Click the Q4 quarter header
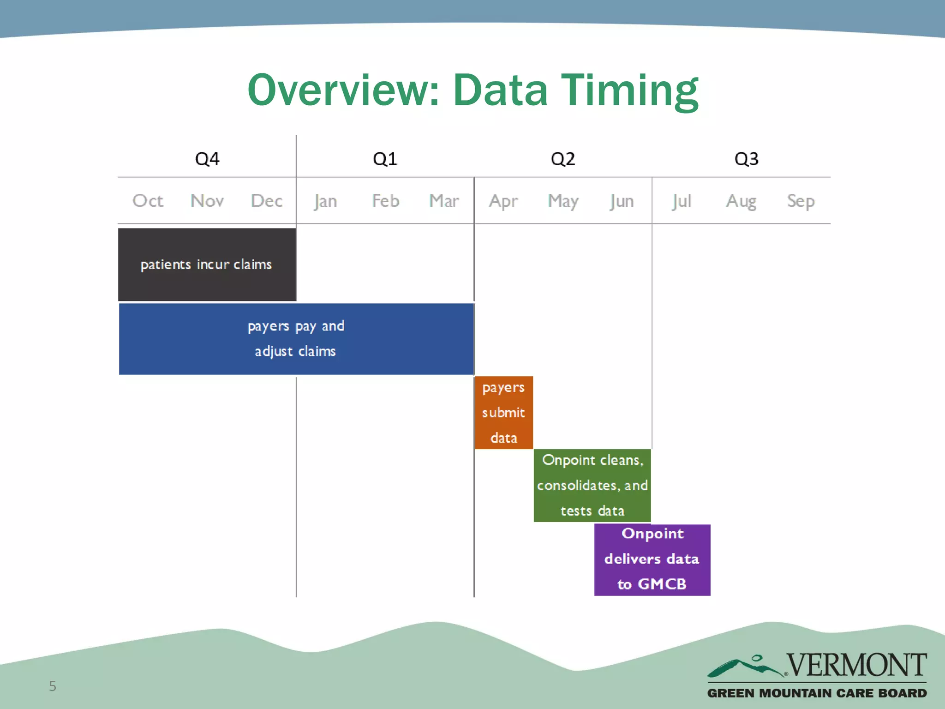207,159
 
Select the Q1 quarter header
385,159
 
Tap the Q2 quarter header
563,159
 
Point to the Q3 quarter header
746,159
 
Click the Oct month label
148,201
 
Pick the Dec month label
267,201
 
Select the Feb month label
386,201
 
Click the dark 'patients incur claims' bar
207,264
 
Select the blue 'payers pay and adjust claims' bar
296,339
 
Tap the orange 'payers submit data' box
503,412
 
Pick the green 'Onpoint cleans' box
592,485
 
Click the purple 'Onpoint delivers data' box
652,559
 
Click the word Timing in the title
629,90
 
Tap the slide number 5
53,686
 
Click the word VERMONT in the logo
856,665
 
